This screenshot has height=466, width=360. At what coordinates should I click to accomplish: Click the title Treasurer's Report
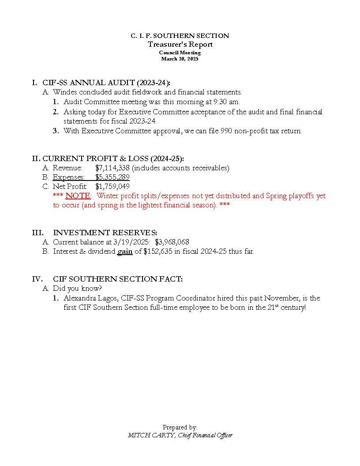point(180,44)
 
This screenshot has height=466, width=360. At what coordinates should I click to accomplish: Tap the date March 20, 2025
point(180,59)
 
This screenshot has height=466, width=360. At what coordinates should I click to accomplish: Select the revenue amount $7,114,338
point(112,168)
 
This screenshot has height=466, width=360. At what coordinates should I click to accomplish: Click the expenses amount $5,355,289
point(112,177)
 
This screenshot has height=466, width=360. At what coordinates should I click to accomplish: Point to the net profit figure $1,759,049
point(112,186)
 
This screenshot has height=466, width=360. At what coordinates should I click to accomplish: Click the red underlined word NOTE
point(78,195)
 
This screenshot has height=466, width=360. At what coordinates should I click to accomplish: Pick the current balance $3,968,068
point(172,242)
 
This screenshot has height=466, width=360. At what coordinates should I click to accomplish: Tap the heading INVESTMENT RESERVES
point(105,233)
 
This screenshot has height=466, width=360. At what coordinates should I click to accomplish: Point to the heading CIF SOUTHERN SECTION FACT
point(117,279)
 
